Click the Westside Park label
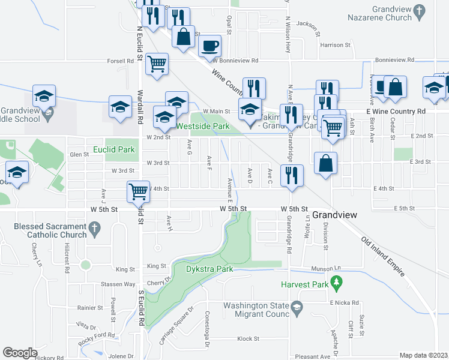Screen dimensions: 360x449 pyautogui.click(x=203, y=127)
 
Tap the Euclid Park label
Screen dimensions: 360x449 pyautogui.click(x=114, y=149)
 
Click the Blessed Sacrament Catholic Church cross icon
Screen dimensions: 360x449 pyautogui.click(x=92, y=228)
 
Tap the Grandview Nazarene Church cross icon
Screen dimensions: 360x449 pyautogui.click(x=420, y=10)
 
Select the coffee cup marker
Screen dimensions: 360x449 pyautogui.click(x=209, y=45)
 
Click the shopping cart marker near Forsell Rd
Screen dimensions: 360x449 pyautogui.click(x=157, y=63)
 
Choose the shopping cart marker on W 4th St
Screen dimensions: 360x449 pyautogui.click(x=138, y=191)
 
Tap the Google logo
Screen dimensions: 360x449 pyautogui.click(x=20, y=353)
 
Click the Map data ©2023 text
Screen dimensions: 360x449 pyautogui.click(x=423, y=355)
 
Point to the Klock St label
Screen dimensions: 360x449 pyautogui.click(x=247, y=338)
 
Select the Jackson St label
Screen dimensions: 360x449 pyautogui.click(x=306, y=25)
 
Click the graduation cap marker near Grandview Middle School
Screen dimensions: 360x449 pyautogui.click(x=44, y=95)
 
